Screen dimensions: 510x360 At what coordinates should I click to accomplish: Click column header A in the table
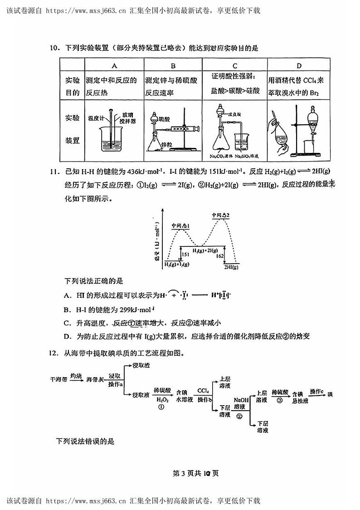click(x=114, y=65)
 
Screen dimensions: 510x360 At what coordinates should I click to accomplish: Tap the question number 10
click(x=55, y=48)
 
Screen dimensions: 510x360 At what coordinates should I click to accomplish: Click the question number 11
click(x=55, y=172)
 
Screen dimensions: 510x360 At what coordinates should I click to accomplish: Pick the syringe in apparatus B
click(x=186, y=129)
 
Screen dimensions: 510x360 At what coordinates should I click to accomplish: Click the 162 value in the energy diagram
click(x=220, y=256)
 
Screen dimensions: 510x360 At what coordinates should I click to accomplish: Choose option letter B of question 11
click(x=67, y=310)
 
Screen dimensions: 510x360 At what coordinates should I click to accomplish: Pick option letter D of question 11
click(x=67, y=336)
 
